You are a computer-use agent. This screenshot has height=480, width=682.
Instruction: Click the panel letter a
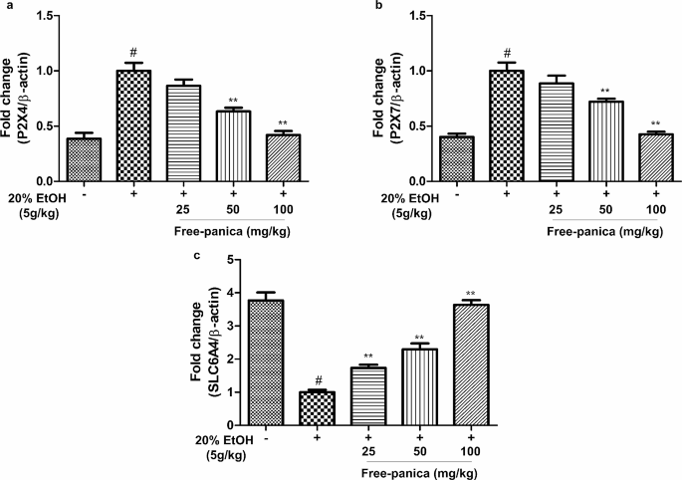6,6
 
